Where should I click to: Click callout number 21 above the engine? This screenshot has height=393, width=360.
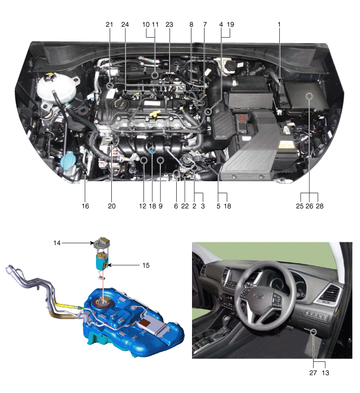pyautogui.click(x=109, y=25)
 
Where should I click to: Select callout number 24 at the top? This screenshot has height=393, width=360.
pyautogui.click(x=125, y=25)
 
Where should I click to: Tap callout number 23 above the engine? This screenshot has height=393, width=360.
pyautogui.click(x=169, y=25)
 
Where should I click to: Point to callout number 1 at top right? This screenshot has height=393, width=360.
pyautogui.click(x=279, y=25)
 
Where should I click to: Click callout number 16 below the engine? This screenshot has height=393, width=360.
pyautogui.click(x=85, y=206)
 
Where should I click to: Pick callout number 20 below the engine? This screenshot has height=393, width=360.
pyautogui.click(x=112, y=206)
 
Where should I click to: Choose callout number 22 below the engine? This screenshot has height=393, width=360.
pyautogui.click(x=185, y=206)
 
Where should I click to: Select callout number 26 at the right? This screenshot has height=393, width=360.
pyautogui.click(x=309, y=206)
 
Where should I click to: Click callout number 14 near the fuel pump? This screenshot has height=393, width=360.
pyautogui.click(x=57, y=243)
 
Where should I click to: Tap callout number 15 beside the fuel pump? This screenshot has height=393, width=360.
pyautogui.click(x=146, y=265)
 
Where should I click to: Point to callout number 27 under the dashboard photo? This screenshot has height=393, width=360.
pyautogui.click(x=313, y=373)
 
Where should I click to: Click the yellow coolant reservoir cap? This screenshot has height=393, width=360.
pyautogui.click(x=49, y=76)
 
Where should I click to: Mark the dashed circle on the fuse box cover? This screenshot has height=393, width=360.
pyautogui.click(x=310, y=96)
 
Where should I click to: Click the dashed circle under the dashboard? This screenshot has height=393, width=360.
pyautogui.click(x=314, y=332)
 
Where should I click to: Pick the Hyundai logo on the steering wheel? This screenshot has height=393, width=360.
pyautogui.click(x=259, y=296)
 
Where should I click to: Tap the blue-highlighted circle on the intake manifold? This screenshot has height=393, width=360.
pyautogui.click(x=152, y=150)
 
